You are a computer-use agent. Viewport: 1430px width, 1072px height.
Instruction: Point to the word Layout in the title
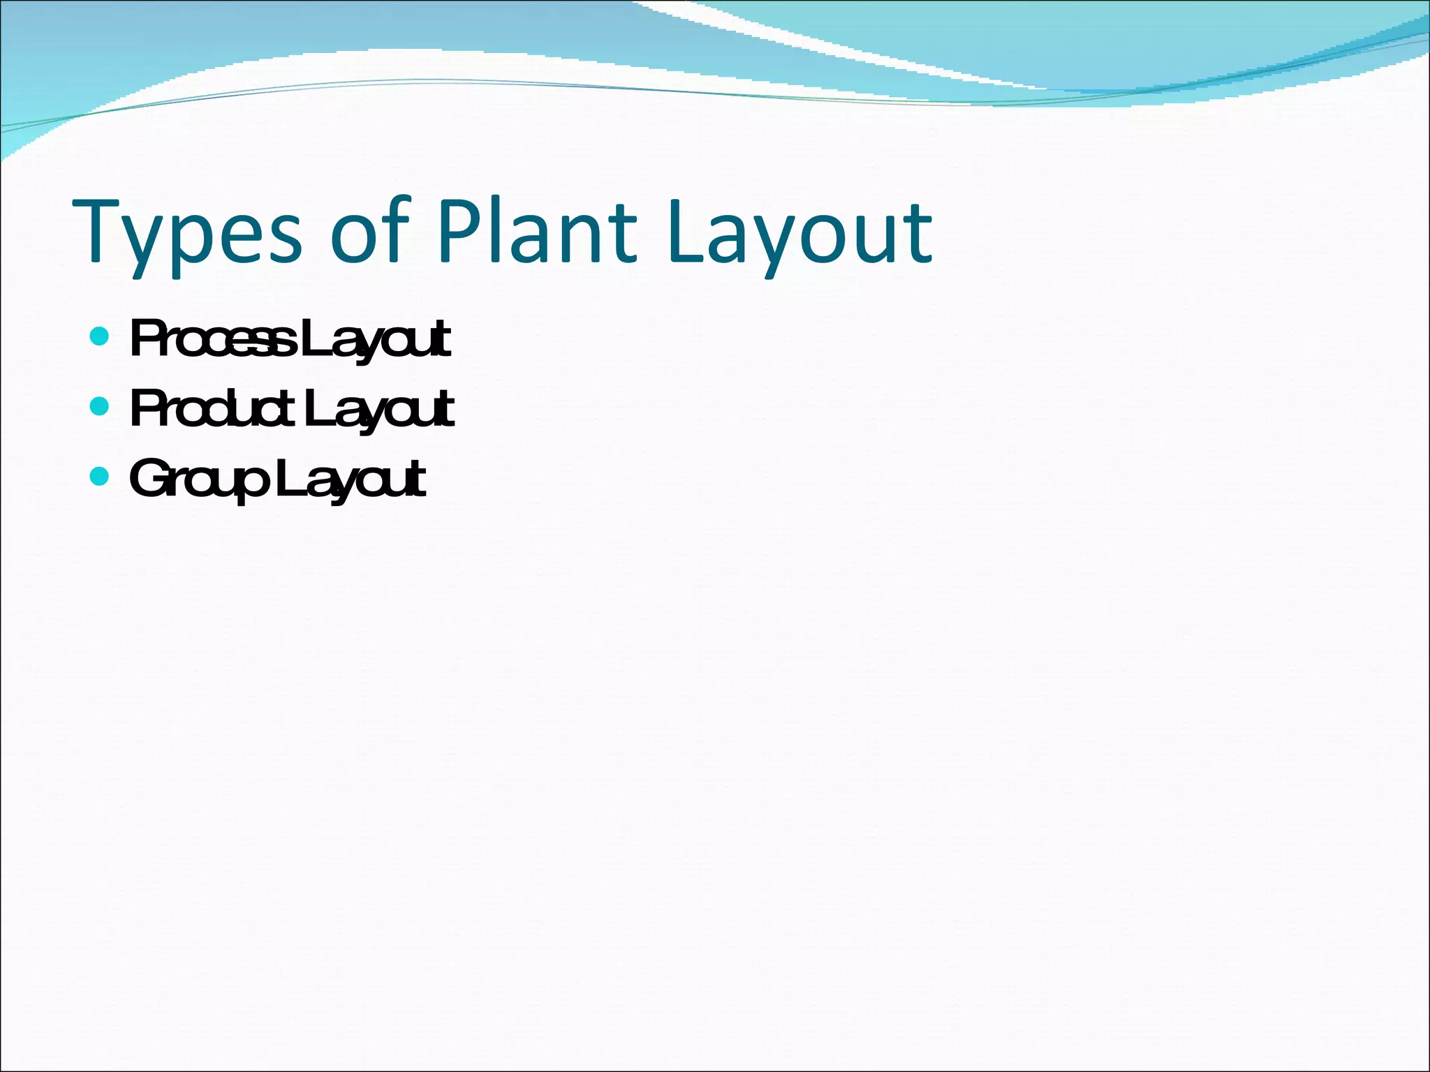point(799,234)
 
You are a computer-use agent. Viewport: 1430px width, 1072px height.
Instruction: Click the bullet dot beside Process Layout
point(100,337)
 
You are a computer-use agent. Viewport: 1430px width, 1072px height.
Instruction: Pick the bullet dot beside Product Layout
point(100,406)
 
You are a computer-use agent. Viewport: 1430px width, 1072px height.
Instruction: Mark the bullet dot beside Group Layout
point(100,476)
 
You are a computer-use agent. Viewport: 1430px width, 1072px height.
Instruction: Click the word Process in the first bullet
point(213,339)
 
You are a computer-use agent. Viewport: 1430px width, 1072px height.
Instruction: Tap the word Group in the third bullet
point(199,480)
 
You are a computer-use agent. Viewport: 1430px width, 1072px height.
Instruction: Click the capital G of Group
point(149,477)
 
